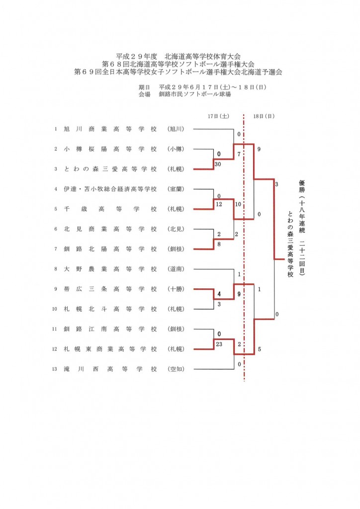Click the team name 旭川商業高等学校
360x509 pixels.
pos(110,129)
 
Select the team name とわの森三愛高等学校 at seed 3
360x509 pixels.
pos(110,169)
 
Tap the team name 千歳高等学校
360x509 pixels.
pos(110,209)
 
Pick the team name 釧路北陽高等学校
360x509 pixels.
pos(110,249)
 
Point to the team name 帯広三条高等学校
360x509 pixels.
pos(110,289)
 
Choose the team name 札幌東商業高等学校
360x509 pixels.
pos(110,349)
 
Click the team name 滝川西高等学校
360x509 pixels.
pos(110,369)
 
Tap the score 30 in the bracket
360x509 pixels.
pos(218,164)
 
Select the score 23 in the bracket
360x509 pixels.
pos(219,344)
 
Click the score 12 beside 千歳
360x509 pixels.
pos(219,204)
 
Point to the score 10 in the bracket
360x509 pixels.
pos(238,204)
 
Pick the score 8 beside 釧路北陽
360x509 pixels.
pos(219,244)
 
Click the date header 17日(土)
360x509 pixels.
pos(218,116)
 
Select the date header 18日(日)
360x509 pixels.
pos(264,116)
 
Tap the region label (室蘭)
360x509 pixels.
pos(176,189)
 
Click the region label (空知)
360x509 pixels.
pos(176,369)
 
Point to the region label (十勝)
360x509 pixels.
pos(176,289)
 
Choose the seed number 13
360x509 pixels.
pos(55,369)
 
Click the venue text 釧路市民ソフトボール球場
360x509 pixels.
pos(195,94)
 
